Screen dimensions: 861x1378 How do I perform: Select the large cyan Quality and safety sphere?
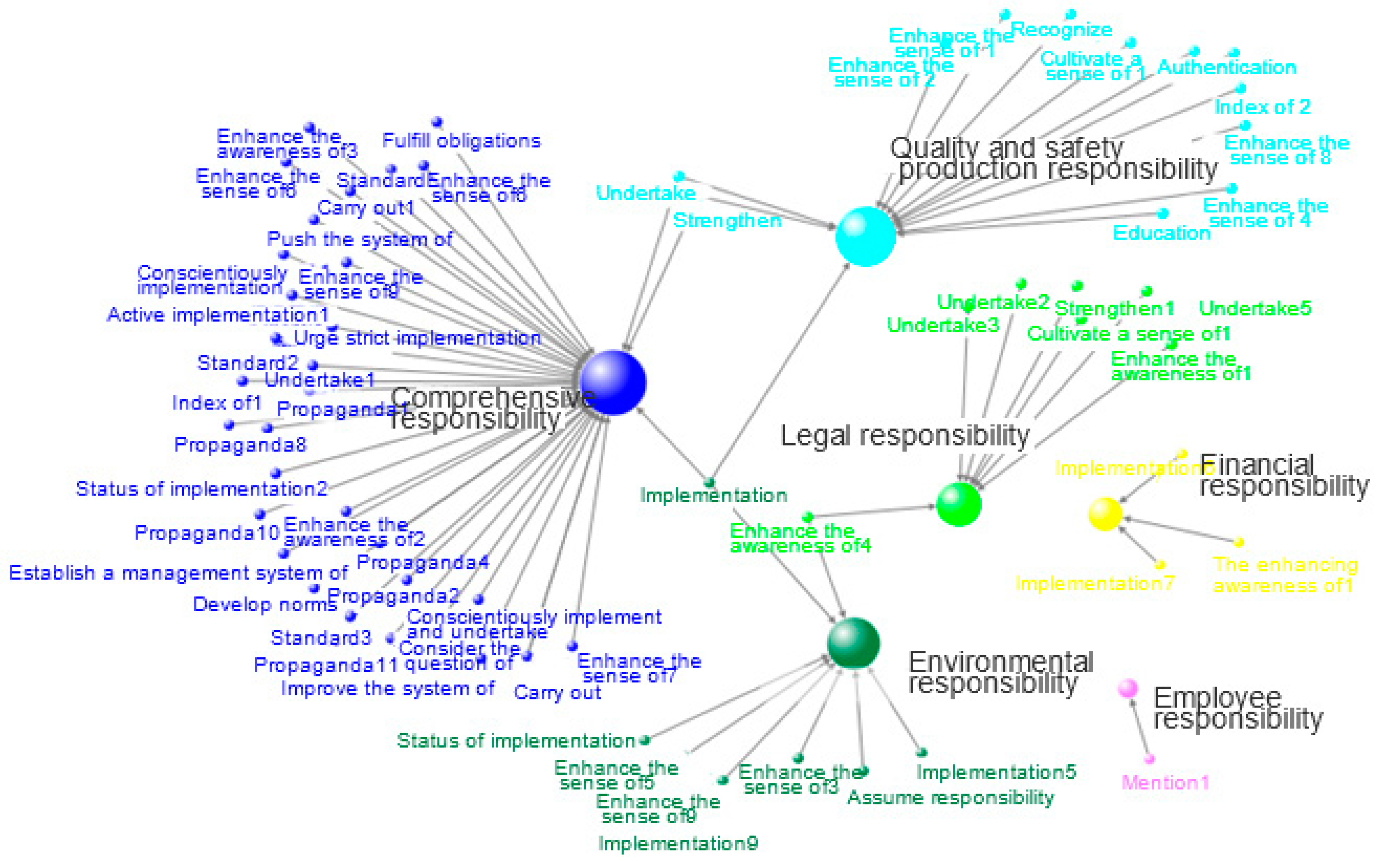coord(865,236)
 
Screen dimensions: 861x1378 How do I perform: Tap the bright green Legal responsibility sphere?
coord(959,504)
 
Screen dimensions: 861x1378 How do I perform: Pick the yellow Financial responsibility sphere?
coord(1105,514)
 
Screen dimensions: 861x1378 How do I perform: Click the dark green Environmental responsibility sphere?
coord(853,643)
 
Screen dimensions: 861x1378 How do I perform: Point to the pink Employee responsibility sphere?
coord(1127,688)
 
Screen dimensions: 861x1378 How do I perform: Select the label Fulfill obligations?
coord(461,141)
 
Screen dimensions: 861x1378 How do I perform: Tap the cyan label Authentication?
coord(1227,67)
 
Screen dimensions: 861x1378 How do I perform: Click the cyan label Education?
coord(1162,233)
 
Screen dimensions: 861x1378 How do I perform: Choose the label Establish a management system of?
coord(178,573)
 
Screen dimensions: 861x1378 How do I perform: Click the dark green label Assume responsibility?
coord(951,798)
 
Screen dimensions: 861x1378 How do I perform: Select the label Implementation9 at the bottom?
coord(678,843)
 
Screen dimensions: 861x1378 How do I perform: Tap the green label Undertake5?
coord(1255,309)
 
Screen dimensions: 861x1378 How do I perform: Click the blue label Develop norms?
coord(265,604)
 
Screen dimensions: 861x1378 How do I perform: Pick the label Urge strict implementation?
coord(417,338)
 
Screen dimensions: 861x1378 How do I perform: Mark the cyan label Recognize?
coord(1061,29)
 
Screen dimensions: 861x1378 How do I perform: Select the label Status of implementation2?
coord(201,489)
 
